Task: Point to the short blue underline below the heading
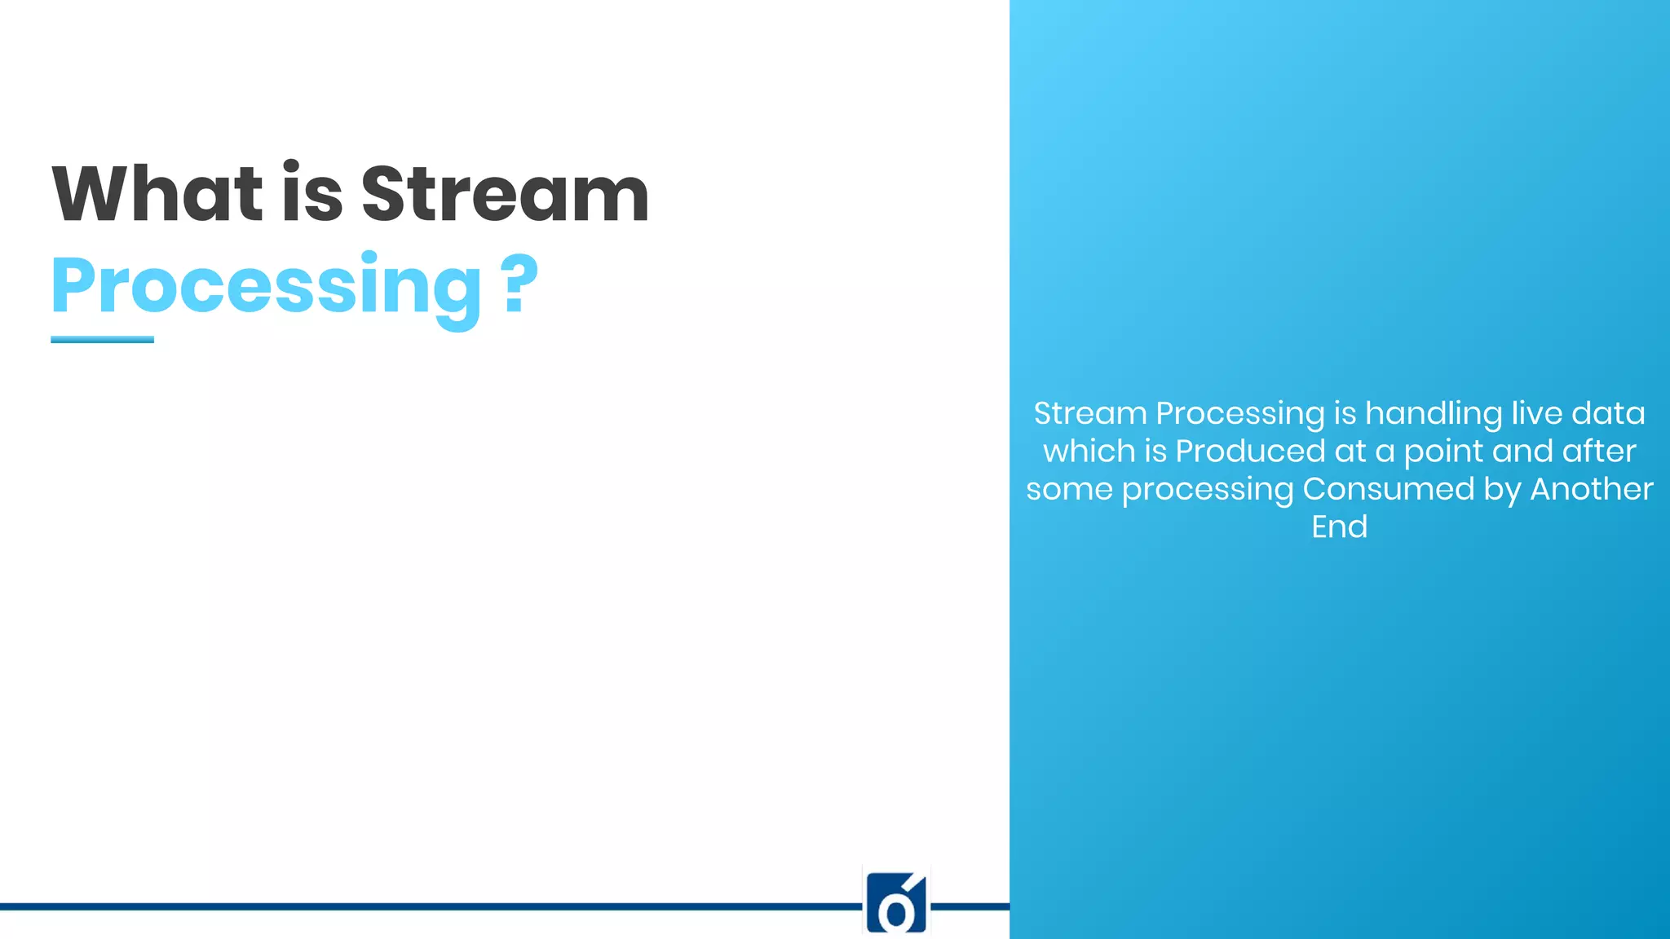click(x=102, y=339)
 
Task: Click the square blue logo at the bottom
click(x=896, y=903)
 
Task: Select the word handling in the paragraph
click(x=1434, y=413)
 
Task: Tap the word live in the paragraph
click(x=1536, y=413)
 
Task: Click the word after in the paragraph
click(x=1599, y=451)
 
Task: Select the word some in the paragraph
click(x=1069, y=489)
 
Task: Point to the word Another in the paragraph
click(x=1591, y=489)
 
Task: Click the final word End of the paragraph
click(x=1339, y=527)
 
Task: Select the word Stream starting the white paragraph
click(x=1090, y=413)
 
